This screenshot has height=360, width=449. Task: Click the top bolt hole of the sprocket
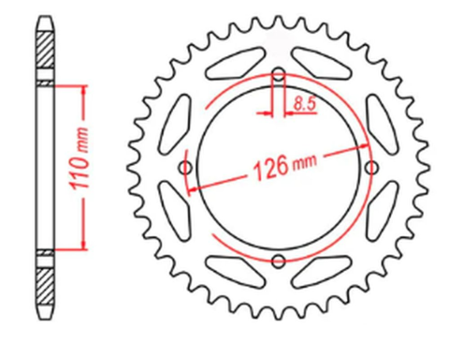tap(278, 74)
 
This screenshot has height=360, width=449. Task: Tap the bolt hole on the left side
tap(185, 166)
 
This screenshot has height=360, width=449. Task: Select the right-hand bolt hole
tap(370, 166)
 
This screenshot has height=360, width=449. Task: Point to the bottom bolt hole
tap(278, 260)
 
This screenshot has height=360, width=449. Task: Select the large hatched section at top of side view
tap(45, 46)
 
